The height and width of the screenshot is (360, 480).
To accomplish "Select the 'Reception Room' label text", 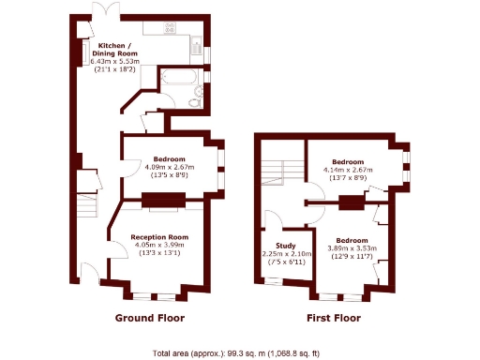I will [x=159, y=236].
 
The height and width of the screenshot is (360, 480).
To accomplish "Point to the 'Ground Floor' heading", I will [x=150, y=318].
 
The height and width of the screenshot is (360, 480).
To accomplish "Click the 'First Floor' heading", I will [x=334, y=318].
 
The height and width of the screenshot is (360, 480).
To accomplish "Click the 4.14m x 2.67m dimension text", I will [x=350, y=170].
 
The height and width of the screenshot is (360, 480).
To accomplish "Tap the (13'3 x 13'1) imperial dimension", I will [x=159, y=253].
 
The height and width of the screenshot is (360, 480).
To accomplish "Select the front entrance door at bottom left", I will [x=87, y=275].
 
